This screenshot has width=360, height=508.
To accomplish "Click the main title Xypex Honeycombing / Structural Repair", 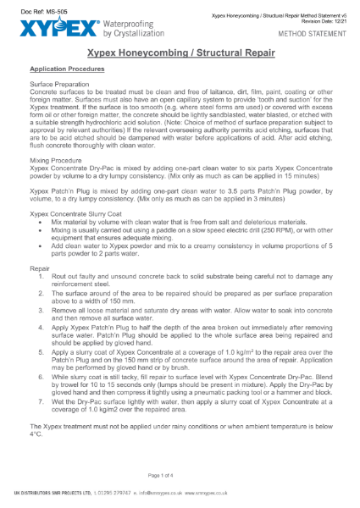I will [x=180, y=52].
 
